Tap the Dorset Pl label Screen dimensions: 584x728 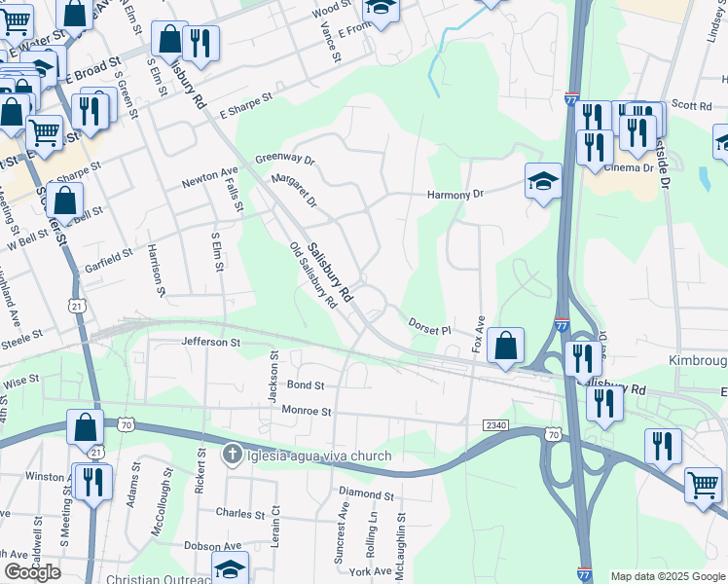pos(429,325)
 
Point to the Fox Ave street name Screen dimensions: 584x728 pos(478,333)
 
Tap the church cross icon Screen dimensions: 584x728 pos(232,455)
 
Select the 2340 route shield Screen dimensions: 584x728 pos(494,425)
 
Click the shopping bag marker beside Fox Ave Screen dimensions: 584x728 pos(505,347)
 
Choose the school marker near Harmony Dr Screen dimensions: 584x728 pos(543,181)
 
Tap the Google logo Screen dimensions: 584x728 pos(32,572)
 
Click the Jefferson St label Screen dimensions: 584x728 pos(210,343)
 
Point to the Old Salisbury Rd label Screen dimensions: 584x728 pos(313,275)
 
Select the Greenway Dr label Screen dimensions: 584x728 pos(285,159)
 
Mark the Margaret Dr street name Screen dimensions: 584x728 pos(295,190)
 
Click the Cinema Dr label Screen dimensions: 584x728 pos(629,167)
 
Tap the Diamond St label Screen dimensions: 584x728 pos(367,495)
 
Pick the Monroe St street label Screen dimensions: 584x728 pos(307,411)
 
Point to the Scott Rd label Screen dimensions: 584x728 pos(692,105)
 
